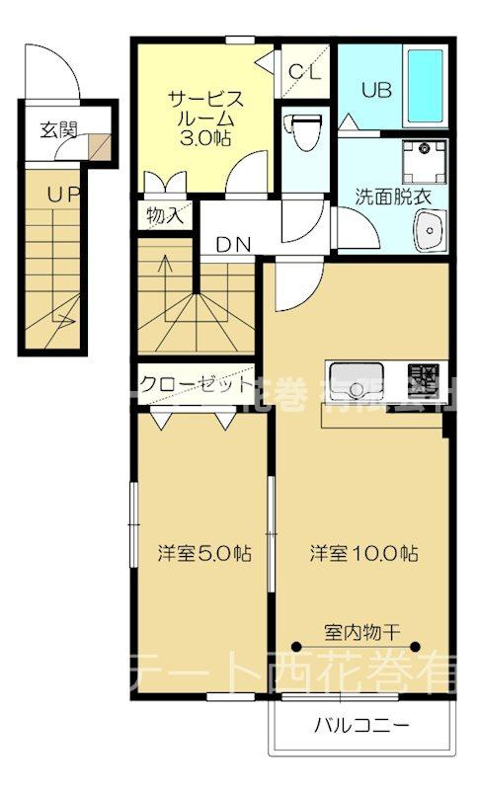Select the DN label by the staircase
pyautogui.click(x=233, y=244)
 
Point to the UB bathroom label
pyautogui.click(x=375, y=90)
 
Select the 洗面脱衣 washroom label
pyautogui.click(x=394, y=195)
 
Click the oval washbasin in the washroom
pyautogui.click(x=430, y=236)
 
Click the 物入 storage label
pyautogui.click(x=164, y=214)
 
